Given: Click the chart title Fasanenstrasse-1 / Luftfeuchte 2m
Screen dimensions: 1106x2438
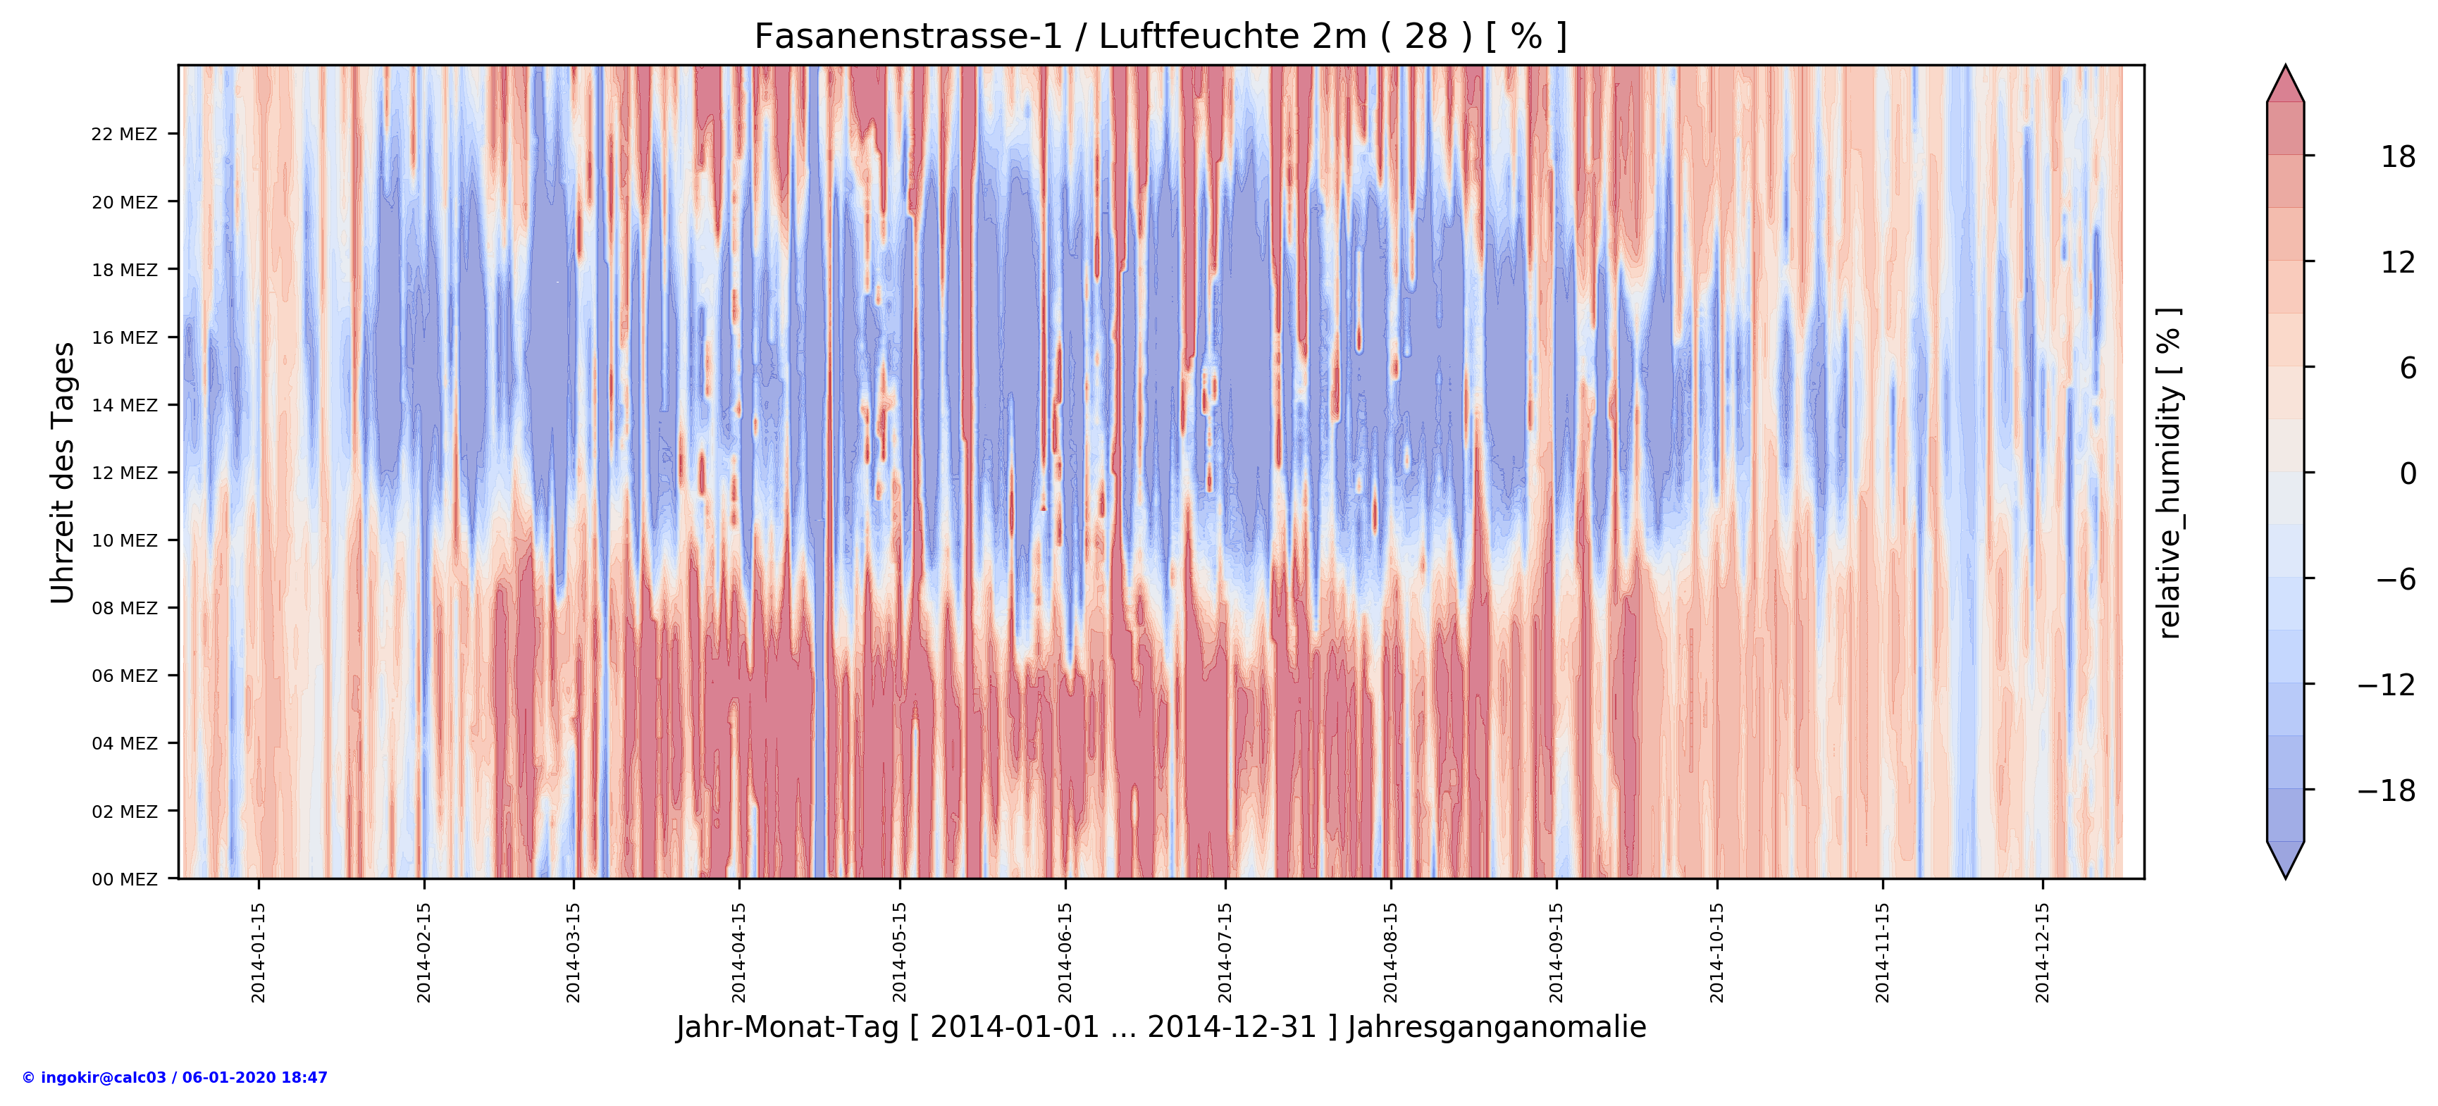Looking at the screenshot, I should [1161, 37].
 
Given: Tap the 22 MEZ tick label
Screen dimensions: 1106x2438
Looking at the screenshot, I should [124, 135].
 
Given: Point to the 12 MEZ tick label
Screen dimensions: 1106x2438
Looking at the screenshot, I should [124, 473].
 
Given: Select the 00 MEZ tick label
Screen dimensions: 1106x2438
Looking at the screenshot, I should [124, 880].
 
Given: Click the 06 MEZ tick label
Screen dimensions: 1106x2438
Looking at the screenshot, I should [124, 676].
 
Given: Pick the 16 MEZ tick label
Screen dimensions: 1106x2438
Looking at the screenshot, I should [124, 337].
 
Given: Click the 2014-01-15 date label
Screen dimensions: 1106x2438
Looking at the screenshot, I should [259, 952].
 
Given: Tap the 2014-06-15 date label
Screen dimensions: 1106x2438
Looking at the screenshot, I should [1065, 952].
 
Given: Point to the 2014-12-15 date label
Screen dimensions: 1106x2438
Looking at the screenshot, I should [2043, 952].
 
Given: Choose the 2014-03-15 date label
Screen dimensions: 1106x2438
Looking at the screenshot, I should [574, 952].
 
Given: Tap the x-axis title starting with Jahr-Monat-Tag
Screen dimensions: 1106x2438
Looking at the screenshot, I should [1161, 1028].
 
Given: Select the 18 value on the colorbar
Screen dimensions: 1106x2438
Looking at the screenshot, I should [2397, 157].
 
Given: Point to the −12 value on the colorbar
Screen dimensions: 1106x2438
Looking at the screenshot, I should [2385, 684].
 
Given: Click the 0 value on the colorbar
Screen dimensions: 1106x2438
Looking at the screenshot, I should [2407, 473].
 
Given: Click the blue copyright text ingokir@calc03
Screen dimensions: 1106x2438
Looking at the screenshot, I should [175, 1078].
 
